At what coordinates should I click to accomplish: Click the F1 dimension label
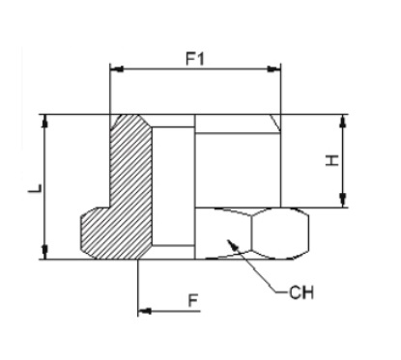point(195,59)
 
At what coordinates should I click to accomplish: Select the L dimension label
point(35,188)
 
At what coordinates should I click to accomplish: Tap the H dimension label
point(331,160)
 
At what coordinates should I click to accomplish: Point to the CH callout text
point(301,292)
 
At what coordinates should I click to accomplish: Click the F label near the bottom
point(192,301)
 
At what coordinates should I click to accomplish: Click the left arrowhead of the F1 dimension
point(117,69)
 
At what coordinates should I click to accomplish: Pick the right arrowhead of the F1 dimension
point(274,69)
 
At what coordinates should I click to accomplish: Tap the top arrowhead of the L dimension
point(45,121)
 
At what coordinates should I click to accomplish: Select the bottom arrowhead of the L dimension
point(45,252)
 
